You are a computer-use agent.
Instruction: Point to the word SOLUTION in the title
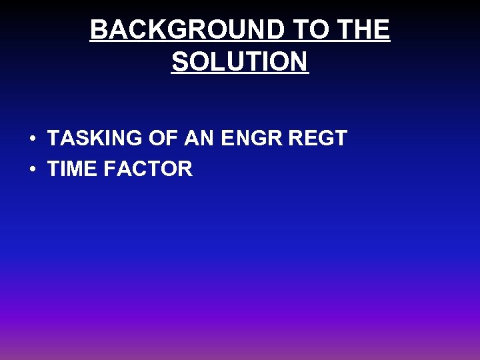(x=240, y=62)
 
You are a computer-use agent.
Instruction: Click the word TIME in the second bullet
(x=72, y=169)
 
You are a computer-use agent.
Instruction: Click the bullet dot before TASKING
(x=32, y=139)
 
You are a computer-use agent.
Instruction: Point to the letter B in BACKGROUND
(x=98, y=30)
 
